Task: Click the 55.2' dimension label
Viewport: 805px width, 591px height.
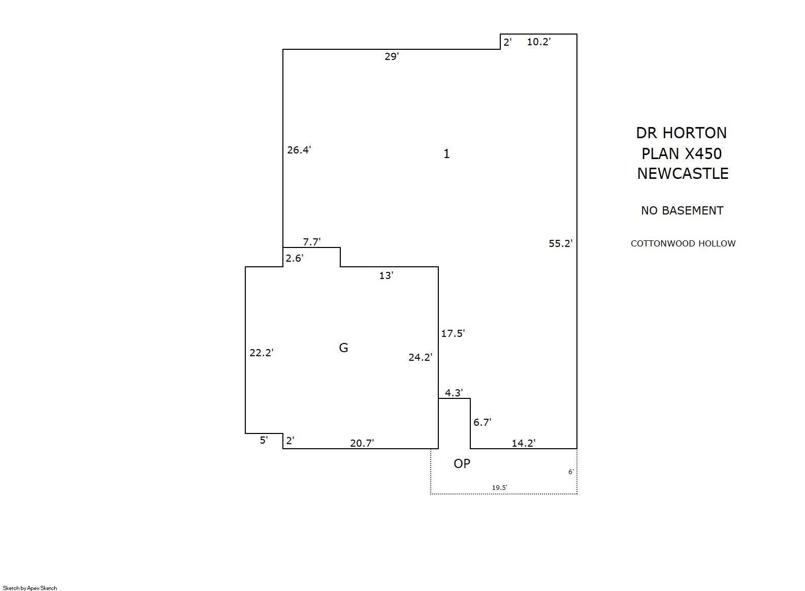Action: tap(560, 244)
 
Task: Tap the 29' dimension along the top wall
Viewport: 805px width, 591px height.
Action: tap(392, 56)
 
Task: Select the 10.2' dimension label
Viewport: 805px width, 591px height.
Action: tap(539, 42)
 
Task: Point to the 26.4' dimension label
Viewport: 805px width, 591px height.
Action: tap(299, 150)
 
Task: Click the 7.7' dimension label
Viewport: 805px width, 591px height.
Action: tap(311, 242)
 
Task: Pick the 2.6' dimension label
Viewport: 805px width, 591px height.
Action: tap(295, 258)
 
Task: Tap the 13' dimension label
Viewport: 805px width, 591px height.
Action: tap(387, 275)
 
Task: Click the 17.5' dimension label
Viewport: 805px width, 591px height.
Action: tap(453, 333)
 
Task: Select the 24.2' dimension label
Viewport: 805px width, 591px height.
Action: tap(421, 357)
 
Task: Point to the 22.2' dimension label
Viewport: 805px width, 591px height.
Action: tap(262, 353)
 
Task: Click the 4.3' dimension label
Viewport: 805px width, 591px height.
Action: tap(454, 393)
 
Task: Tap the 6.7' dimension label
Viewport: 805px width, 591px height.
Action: tap(482, 422)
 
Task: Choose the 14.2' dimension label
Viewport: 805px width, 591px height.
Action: tap(524, 443)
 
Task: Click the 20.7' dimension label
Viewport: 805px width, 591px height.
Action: tap(362, 443)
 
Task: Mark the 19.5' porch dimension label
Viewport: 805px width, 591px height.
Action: tap(500, 487)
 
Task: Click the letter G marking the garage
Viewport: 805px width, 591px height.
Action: tap(343, 348)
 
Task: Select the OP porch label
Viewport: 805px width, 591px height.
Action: tap(462, 463)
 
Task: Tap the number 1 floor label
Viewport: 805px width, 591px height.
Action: tap(446, 154)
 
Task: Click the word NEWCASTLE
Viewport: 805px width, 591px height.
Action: tap(683, 174)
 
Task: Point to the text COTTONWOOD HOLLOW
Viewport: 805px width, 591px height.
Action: tap(683, 243)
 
